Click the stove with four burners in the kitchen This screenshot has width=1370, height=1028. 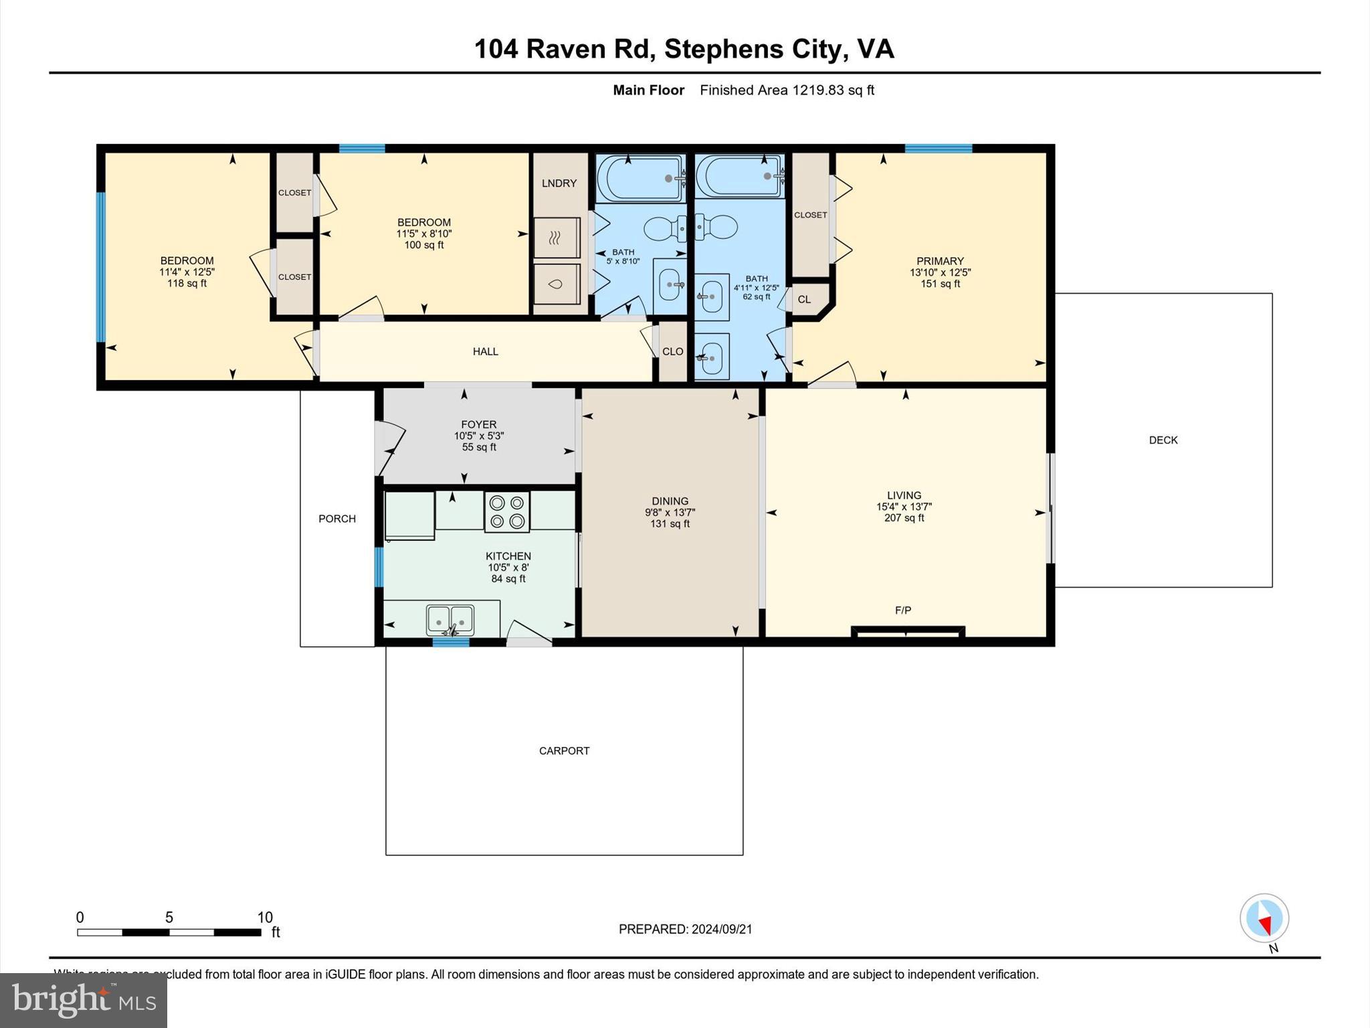pyautogui.click(x=507, y=512)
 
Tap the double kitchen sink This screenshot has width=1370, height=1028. pyautogui.click(x=450, y=620)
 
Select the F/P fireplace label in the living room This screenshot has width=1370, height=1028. pyautogui.click(x=902, y=610)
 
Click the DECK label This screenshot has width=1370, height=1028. pyautogui.click(x=1163, y=440)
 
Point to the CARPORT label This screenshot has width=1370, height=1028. pyautogui.click(x=564, y=751)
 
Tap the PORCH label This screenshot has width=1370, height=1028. pyautogui.click(x=337, y=519)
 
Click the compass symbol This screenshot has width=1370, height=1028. pyautogui.click(x=1264, y=918)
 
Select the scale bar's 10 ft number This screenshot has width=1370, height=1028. pyautogui.click(x=265, y=918)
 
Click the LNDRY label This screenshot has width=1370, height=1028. pyautogui.click(x=559, y=183)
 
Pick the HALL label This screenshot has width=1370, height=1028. pyautogui.click(x=485, y=351)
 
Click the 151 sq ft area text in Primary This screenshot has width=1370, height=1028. pyautogui.click(x=940, y=284)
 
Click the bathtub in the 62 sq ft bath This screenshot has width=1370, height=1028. pyautogui.click(x=739, y=176)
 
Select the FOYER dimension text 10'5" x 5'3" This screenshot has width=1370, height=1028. pyautogui.click(x=478, y=436)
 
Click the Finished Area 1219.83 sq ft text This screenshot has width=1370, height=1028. pyautogui.click(x=787, y=90)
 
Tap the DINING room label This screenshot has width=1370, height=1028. pyautogui.click(x=670, y=501)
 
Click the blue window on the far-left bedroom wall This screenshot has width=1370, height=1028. pyautogui.click(x=101, y=267)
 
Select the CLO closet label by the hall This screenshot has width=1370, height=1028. pyautogui.click(x=672, y=352)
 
